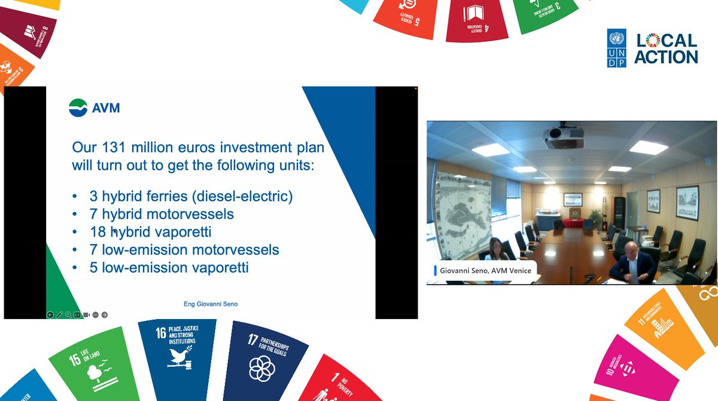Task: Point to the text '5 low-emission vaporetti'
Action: pyautogui.click(x=169, y=268)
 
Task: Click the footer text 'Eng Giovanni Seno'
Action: pyautogui.click(x=210, y=304)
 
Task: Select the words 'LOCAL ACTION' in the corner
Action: pyautogui.click(x=666, y=48)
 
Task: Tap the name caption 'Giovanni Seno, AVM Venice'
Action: pyautogui.click(x=485, y=271)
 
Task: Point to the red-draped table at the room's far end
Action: pyautogui.click(x=573, y=223)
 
